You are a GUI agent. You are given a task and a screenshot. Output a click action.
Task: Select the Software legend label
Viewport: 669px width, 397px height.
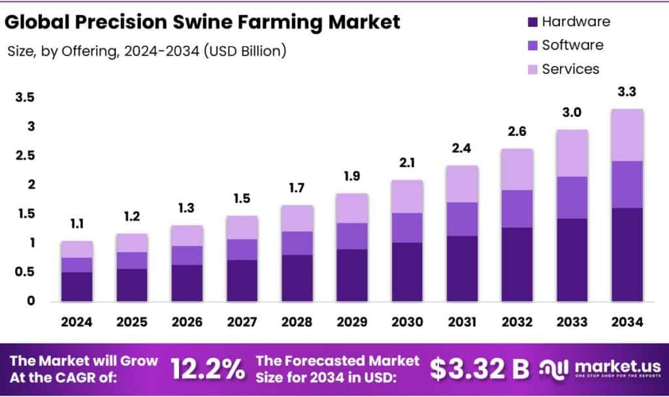pos(572,45)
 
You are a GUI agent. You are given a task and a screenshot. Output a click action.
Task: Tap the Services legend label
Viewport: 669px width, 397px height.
pos(570,69)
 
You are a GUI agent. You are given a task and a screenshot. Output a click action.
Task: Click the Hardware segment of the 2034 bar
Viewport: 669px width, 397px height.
pos(627,255)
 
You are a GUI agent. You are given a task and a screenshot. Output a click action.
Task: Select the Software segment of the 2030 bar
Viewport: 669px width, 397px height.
pos(408,228)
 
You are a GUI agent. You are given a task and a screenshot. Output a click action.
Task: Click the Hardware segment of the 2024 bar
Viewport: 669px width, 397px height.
pos(77,287)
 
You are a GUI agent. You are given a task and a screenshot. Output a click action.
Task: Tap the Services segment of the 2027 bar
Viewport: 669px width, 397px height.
pos(242,227)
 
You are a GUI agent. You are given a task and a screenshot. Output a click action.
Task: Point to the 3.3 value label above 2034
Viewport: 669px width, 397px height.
pos(627,92)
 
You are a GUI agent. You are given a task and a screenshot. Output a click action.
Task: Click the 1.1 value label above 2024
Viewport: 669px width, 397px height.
pos(77,224)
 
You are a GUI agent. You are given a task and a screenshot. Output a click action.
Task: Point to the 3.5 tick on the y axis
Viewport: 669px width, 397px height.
pos(25,97)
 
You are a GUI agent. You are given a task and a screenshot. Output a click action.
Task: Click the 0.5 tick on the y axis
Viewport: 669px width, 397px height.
pos(25,272)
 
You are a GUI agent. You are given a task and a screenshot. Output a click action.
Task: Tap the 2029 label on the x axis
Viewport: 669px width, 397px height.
pos(352,322)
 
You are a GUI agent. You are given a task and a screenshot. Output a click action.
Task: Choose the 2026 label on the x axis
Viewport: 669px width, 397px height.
pos(188,322)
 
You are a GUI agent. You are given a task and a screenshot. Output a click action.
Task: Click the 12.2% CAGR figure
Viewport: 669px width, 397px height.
pos(208,369)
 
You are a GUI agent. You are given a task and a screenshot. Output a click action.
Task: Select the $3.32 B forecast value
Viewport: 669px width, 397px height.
pos(480,369)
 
